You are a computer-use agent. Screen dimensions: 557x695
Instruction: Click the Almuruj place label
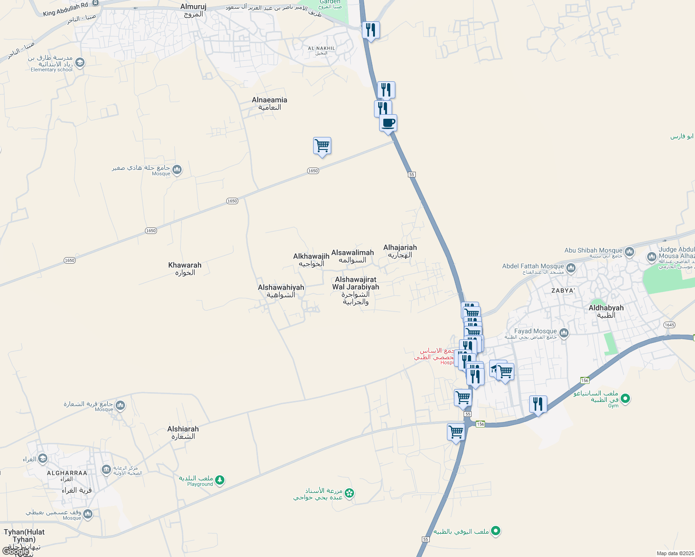point(193,10)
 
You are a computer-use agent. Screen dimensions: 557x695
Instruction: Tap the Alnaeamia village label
point(269,103)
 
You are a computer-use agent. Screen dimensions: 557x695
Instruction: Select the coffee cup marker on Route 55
point(388,123)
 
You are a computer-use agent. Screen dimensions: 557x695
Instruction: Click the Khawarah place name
point(185,268)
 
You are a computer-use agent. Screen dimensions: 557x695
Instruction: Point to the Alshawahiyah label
point(281,291)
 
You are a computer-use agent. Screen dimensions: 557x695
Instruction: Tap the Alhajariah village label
point(400,251)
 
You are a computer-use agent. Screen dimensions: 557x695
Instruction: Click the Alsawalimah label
point(353,256)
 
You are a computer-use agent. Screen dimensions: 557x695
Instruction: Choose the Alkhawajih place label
point(311,259)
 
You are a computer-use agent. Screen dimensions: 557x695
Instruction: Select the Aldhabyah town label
point(606,311)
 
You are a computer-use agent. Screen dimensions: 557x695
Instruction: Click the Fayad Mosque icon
point(564,333)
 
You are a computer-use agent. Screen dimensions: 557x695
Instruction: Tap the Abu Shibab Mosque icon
point(629,252)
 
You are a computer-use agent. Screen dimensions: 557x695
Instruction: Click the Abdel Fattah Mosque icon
point(571,268)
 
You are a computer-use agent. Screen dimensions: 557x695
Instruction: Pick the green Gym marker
point(625,398)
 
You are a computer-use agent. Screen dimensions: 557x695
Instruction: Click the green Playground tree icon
point(220,480)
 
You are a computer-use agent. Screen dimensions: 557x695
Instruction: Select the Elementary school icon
point(80,63)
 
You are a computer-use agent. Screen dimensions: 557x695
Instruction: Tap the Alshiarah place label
point(183,432)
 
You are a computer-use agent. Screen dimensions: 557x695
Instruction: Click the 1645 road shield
point(669,325)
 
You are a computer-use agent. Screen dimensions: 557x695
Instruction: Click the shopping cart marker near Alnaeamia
point(322,146)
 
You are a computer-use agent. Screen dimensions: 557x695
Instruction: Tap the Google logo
point(15,551)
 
